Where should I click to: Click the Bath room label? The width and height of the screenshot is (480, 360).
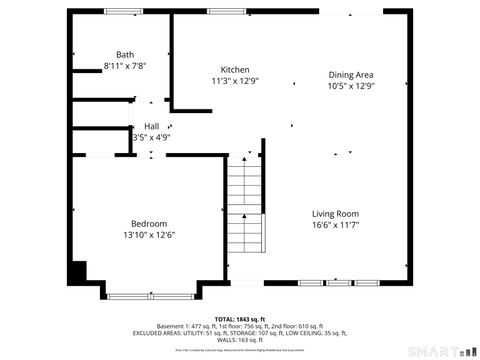[x=125, y=55]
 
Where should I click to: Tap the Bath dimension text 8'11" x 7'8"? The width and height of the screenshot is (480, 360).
[x=125, y=66]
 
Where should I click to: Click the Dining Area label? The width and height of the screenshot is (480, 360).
[x=351, y=75]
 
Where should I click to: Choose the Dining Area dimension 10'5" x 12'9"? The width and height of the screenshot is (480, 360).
[x=351, y=86]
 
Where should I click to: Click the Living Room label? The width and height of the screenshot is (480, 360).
[x=335, y=214]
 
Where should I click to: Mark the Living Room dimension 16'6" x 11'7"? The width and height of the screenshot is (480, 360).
[x=335, y=225]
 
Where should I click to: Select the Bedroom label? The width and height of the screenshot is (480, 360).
[x=149, y=223]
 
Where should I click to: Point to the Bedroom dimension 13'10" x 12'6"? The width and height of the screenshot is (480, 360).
[x=149, y=234]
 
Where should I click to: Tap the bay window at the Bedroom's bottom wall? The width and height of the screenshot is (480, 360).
[x=150, y=295]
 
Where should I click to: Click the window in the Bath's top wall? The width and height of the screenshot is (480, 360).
[x=123, y=11]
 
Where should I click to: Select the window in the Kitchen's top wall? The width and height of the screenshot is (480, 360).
[x=222, y=11]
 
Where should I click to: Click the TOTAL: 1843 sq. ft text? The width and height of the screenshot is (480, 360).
[x=239, y=317]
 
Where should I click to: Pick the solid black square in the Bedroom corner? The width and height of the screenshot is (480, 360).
[x=77, y=271]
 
